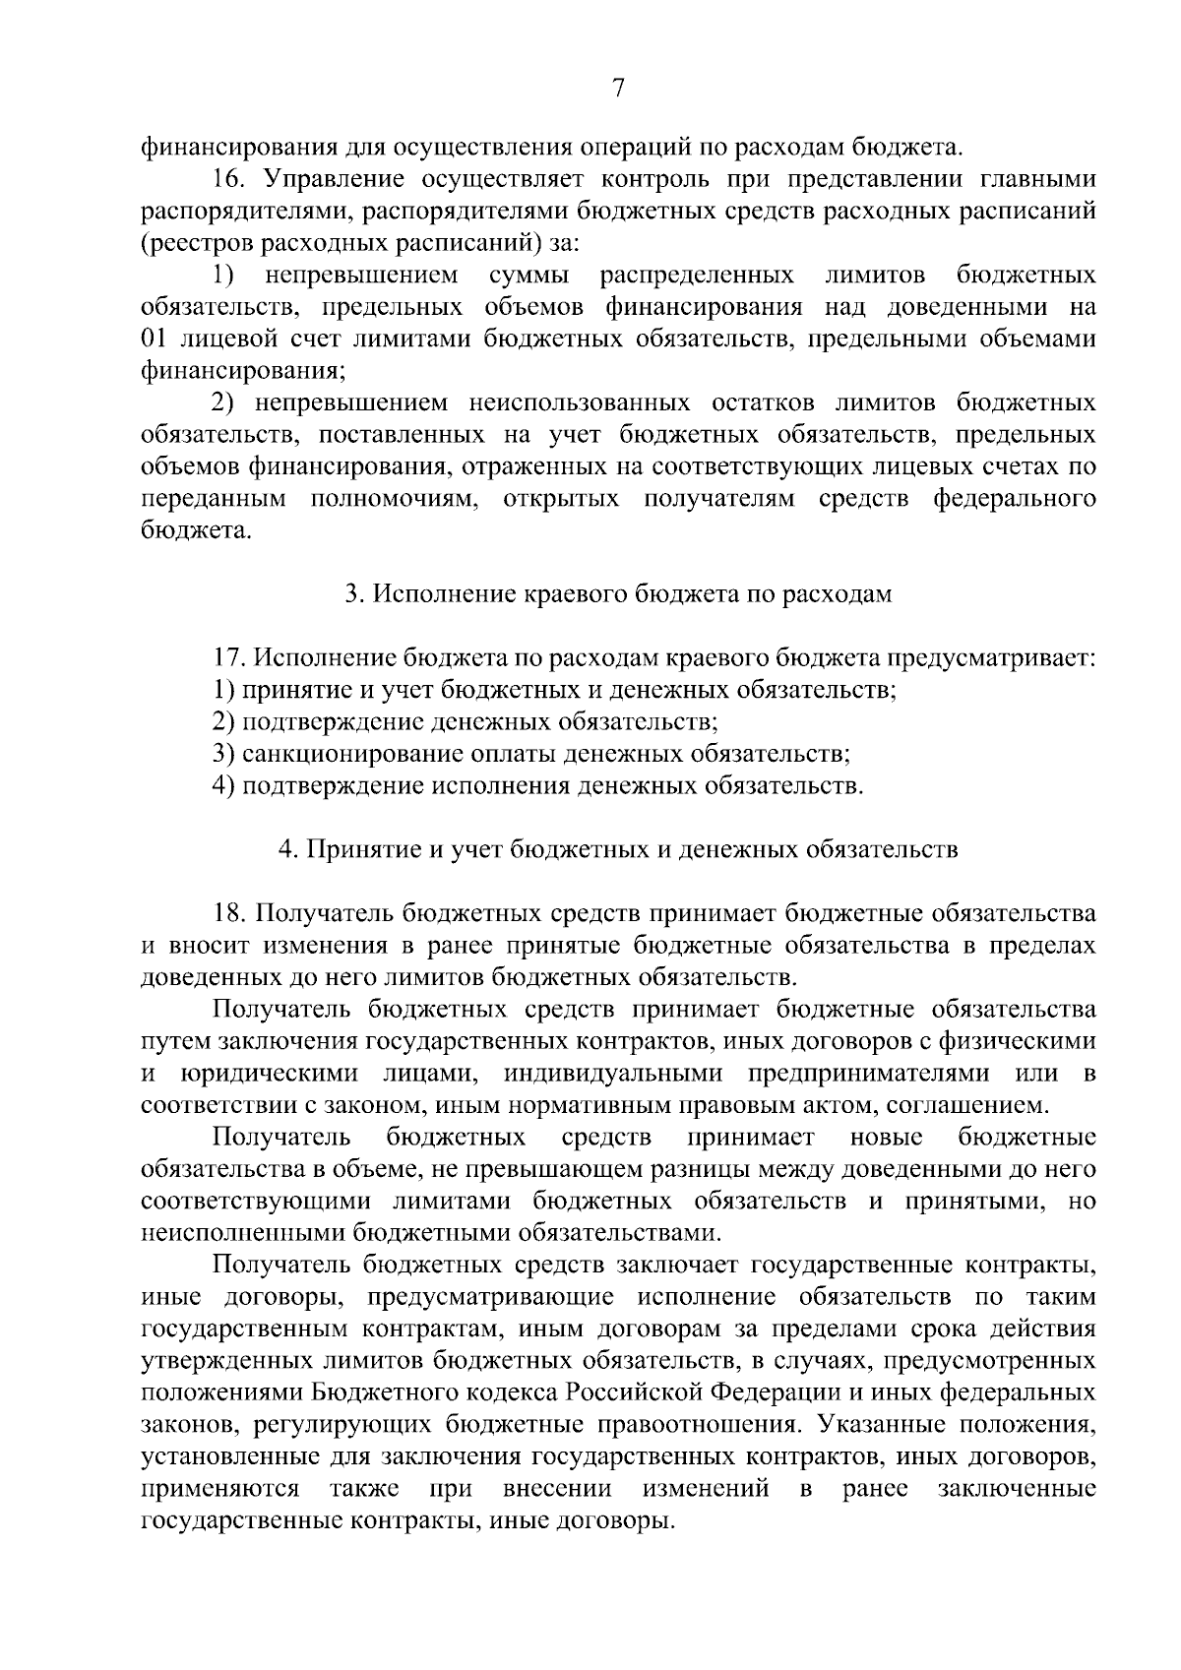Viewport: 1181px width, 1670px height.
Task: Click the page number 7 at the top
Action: click(x=618, y=89)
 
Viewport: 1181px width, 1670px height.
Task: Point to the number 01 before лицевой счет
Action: click(x=155, y=339)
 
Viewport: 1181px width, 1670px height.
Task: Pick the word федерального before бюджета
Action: click(x=1013, y=498)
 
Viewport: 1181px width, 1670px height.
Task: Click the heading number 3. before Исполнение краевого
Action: click(x=354, y=594)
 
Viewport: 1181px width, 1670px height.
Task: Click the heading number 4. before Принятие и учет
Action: click(x=288, y=849)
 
